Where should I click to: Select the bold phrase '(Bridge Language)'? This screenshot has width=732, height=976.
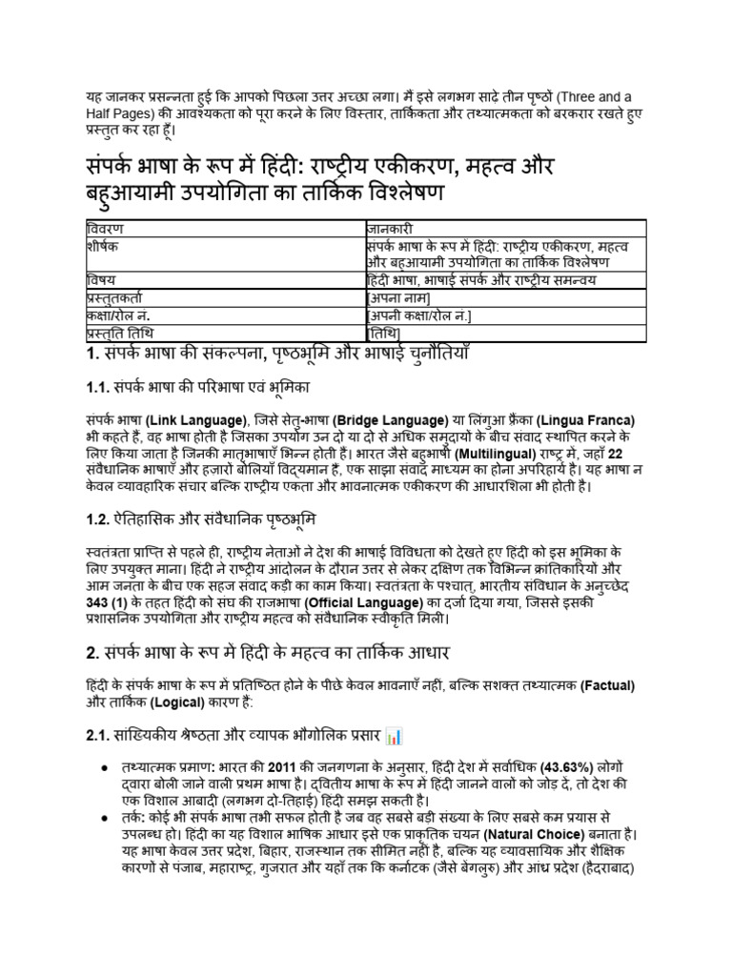(390, 419)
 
